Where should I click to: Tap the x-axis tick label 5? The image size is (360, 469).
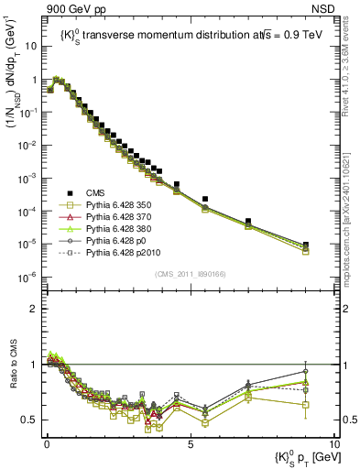coord(190,445)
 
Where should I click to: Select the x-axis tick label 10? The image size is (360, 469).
coord(333,445)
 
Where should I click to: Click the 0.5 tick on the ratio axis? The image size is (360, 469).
coord(31,420)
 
